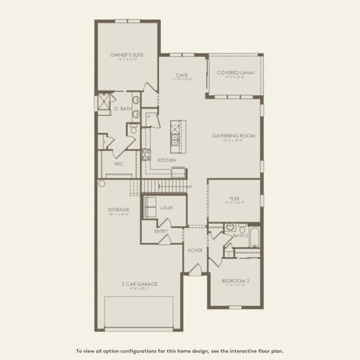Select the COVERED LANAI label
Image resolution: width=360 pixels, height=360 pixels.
click(x=235, y=73)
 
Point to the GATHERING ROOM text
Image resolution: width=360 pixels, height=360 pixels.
click(x=233, y=136)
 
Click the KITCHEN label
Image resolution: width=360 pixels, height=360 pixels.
click(x=166, y=160)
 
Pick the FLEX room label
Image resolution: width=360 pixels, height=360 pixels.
click(x=235, y=199)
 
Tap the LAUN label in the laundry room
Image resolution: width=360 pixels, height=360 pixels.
click(x=167, y=208)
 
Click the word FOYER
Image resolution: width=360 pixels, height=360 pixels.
click(x=195, y=250)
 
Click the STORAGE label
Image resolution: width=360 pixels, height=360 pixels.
click(x=119, y=209)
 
